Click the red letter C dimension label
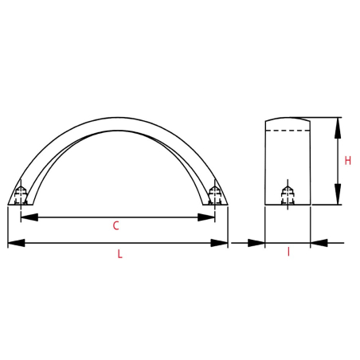point(115,225)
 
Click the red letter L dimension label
point(120,254)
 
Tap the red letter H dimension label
point(347,161)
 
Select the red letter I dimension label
point(288,252)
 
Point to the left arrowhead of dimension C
point(29,217)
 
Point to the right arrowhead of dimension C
point(206,217)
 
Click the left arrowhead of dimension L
point(17,243)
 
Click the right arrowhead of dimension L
point(219,243)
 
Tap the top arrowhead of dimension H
point(338,128)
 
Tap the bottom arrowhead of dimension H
point(338,194)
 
